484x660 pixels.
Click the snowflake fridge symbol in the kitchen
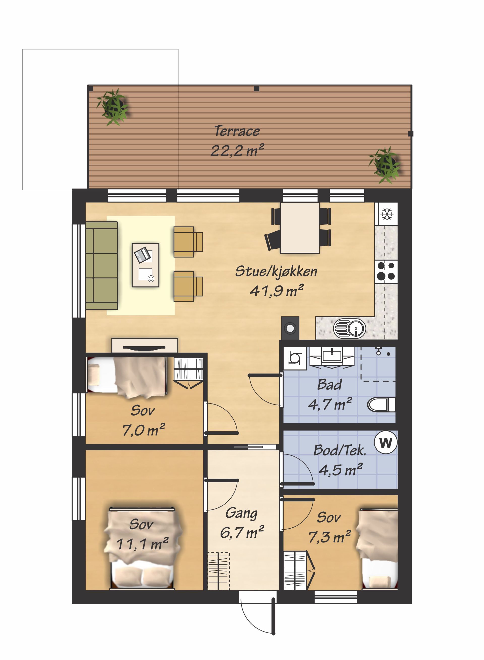tap(387, 214)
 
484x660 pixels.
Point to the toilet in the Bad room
tap(381, 405)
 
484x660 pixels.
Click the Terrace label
tap(237, 131)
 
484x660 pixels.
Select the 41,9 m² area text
tap(277, 291)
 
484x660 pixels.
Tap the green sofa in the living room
tap(102, 266)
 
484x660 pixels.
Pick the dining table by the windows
tap(300, 228)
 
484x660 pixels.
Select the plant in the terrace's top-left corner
tap(112, 107)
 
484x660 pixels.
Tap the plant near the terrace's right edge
tap(385, 165)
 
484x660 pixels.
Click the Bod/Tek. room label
tap(340, 450)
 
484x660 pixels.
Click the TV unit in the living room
tap(145, 346)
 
